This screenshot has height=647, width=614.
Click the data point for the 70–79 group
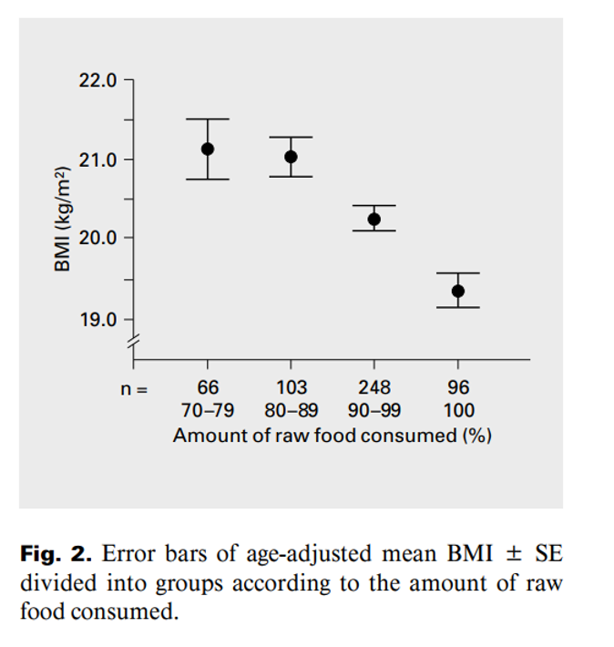[208, 149]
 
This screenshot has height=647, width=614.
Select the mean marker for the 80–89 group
[291, 157]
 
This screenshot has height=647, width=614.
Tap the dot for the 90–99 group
[374, 219]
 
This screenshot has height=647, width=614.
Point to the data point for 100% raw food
[457, 291]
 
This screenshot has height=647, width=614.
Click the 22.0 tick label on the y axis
[97, 80]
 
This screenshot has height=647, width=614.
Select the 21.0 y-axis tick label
[97, 159]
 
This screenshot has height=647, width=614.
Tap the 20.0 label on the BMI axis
[97, 238]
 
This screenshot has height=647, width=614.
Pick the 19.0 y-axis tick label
[97, 319]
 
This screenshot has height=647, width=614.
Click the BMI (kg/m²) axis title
[62, 219]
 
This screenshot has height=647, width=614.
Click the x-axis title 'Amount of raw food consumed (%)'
[333, 435]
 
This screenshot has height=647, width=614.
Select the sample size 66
[208, 388]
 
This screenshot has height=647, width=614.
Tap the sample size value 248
[374, 388]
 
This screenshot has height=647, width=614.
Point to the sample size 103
[291, 388]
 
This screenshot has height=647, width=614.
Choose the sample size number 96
[457, 388]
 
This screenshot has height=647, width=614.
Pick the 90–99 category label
[375, 411]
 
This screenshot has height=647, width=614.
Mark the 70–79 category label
[208, 411]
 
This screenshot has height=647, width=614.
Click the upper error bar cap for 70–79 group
[208, 119]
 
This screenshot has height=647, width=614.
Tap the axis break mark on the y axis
[135, 341]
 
